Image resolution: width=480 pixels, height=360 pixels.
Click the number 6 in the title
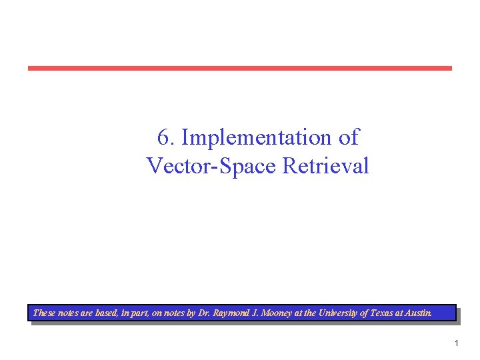tap(163, 137)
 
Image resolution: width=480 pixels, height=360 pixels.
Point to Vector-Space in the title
tap(211, 165)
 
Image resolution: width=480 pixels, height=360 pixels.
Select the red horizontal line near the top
tap(239, 68)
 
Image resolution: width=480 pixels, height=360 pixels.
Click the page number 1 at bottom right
tap(457, 343)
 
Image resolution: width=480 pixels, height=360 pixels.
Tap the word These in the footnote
tap(44, 313)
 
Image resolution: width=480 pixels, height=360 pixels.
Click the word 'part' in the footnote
tap(141, 313)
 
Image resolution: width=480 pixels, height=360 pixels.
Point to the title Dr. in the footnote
tap(204, 313)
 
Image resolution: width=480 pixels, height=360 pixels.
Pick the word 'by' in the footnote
tap(191, 313)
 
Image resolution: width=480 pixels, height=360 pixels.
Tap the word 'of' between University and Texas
tap(364, 313)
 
